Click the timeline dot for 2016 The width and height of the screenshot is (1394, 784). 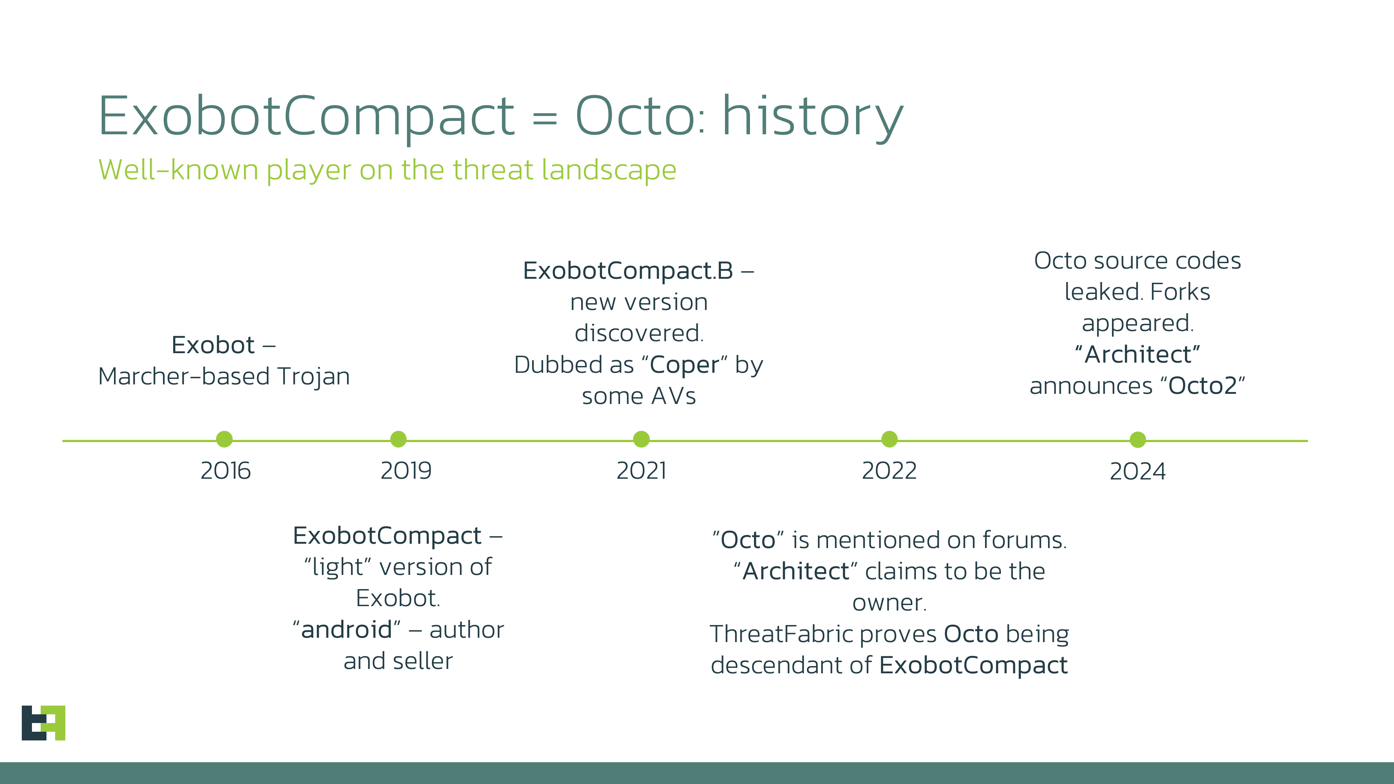click(224, 439)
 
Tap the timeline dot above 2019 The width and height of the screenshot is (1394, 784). click(398, 439)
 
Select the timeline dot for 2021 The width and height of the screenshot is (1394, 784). click(641, 439)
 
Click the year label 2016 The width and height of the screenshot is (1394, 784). click(226, 471)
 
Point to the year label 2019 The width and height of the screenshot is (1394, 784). click(406, 471)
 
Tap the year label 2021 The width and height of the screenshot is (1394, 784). click(641, 471)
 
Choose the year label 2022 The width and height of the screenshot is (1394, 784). click(889, 471)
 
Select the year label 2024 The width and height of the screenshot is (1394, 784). click(1137, 471)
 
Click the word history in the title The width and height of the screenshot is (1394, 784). click(812, 116)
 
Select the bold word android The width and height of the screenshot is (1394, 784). click(346, 630)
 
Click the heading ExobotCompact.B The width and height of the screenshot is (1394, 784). click(628, 270)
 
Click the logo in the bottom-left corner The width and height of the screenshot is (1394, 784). click(43, 723)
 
